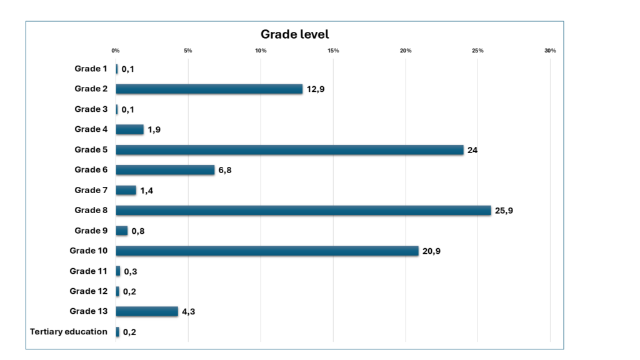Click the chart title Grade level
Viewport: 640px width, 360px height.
pyautogui.click(x=294, y=34)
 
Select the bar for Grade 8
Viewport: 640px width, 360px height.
pyautogui.click(x=303, y=211)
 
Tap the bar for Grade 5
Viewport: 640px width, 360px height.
pyautogui.click(x=289, y=150)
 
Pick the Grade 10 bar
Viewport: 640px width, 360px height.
pyautogui.click(x=267, y=251)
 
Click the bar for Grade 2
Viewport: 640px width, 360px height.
pyautogui.click(x=209, y=89)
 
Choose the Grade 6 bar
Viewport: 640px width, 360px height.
pyautogui.click(x=165, y=170)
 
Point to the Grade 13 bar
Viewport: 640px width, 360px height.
pyautogui.click(x=147, y=311)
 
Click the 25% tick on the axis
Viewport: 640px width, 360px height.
pyautogui.click(x=477, y=51)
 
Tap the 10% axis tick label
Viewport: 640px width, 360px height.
pyautogui.click(x=261, y=51)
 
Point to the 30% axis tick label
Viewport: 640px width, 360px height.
pyautogui.click(x=550, y=51)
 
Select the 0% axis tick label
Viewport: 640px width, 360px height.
pyautogui.click(x=116, y=51)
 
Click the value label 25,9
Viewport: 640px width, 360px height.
pyautogui.click(x=504, y=211)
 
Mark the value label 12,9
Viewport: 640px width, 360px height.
pyautogui.click(x=316, y=89)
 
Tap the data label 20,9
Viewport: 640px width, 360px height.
pyautogui.click(x=431, y=251)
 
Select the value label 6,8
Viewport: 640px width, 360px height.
pyautogui.click(x=225, y=171)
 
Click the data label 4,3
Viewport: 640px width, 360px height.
pyautogui.click(x=189, y=312)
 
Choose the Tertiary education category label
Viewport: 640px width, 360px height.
pyautogui.click(x=69, y=331)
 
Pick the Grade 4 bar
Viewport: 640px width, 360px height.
pyautogui.click(x=129, y=129)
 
